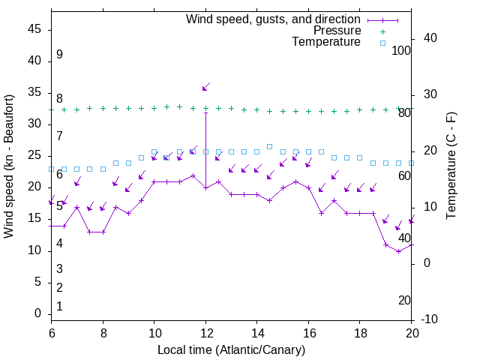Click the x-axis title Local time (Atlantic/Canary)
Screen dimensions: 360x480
pos(231,350)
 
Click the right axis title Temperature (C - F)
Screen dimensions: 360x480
pos(451,166)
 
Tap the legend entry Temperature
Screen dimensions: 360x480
pos(326,43)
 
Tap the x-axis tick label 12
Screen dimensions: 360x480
pos(205,333)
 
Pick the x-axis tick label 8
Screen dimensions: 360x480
pos(103,333)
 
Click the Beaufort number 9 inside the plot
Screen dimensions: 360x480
pos(59,55)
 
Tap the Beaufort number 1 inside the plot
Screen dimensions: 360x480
pos(59,307)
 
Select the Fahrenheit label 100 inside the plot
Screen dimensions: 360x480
pos(402,51)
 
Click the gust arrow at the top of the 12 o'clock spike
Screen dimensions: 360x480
pos(205,87)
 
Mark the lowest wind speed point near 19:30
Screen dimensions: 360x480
pos(398,251)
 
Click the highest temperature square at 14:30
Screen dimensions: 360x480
pos(269,146)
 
